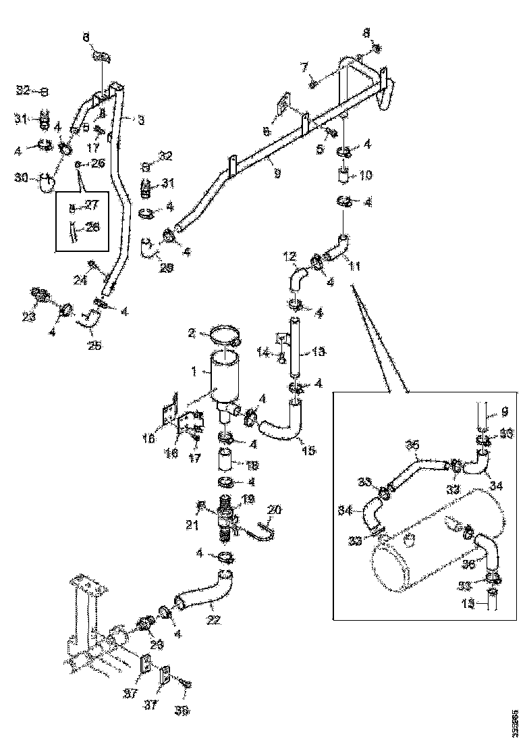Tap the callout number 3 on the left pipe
click(x=140, y=120)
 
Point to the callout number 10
click(x=365, y=176)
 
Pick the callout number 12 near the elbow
click(x=289, y=257)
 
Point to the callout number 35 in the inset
click(x=412, y=444)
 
